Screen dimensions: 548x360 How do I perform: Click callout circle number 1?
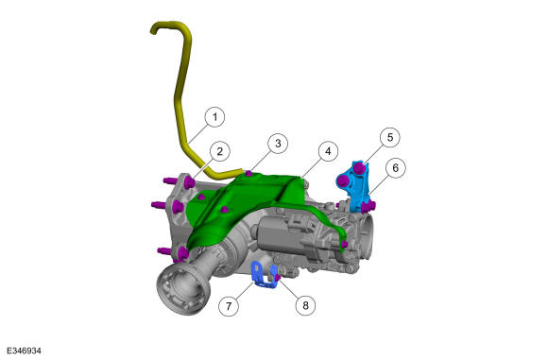pyautogui.click(x=214, y=117)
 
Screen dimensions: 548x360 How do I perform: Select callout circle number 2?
pyautogui.click(x=219, y=151)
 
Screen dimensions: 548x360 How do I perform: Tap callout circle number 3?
pyautogui.click(x=278, y=144)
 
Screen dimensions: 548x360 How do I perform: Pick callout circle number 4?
pyautogui.click(x=328, y=151)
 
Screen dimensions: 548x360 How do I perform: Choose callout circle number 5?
pyautogui.click(x=390, y=137)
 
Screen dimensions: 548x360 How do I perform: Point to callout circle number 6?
pyautogui.click(x=395, y=168)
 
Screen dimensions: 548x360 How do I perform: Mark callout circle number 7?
pyautogui.click(x=229, y=306)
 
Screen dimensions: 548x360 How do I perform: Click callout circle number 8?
pyautogui.click(x=305, y=305)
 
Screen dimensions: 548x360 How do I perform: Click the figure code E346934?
pyautogui.click(x=24, y=351)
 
